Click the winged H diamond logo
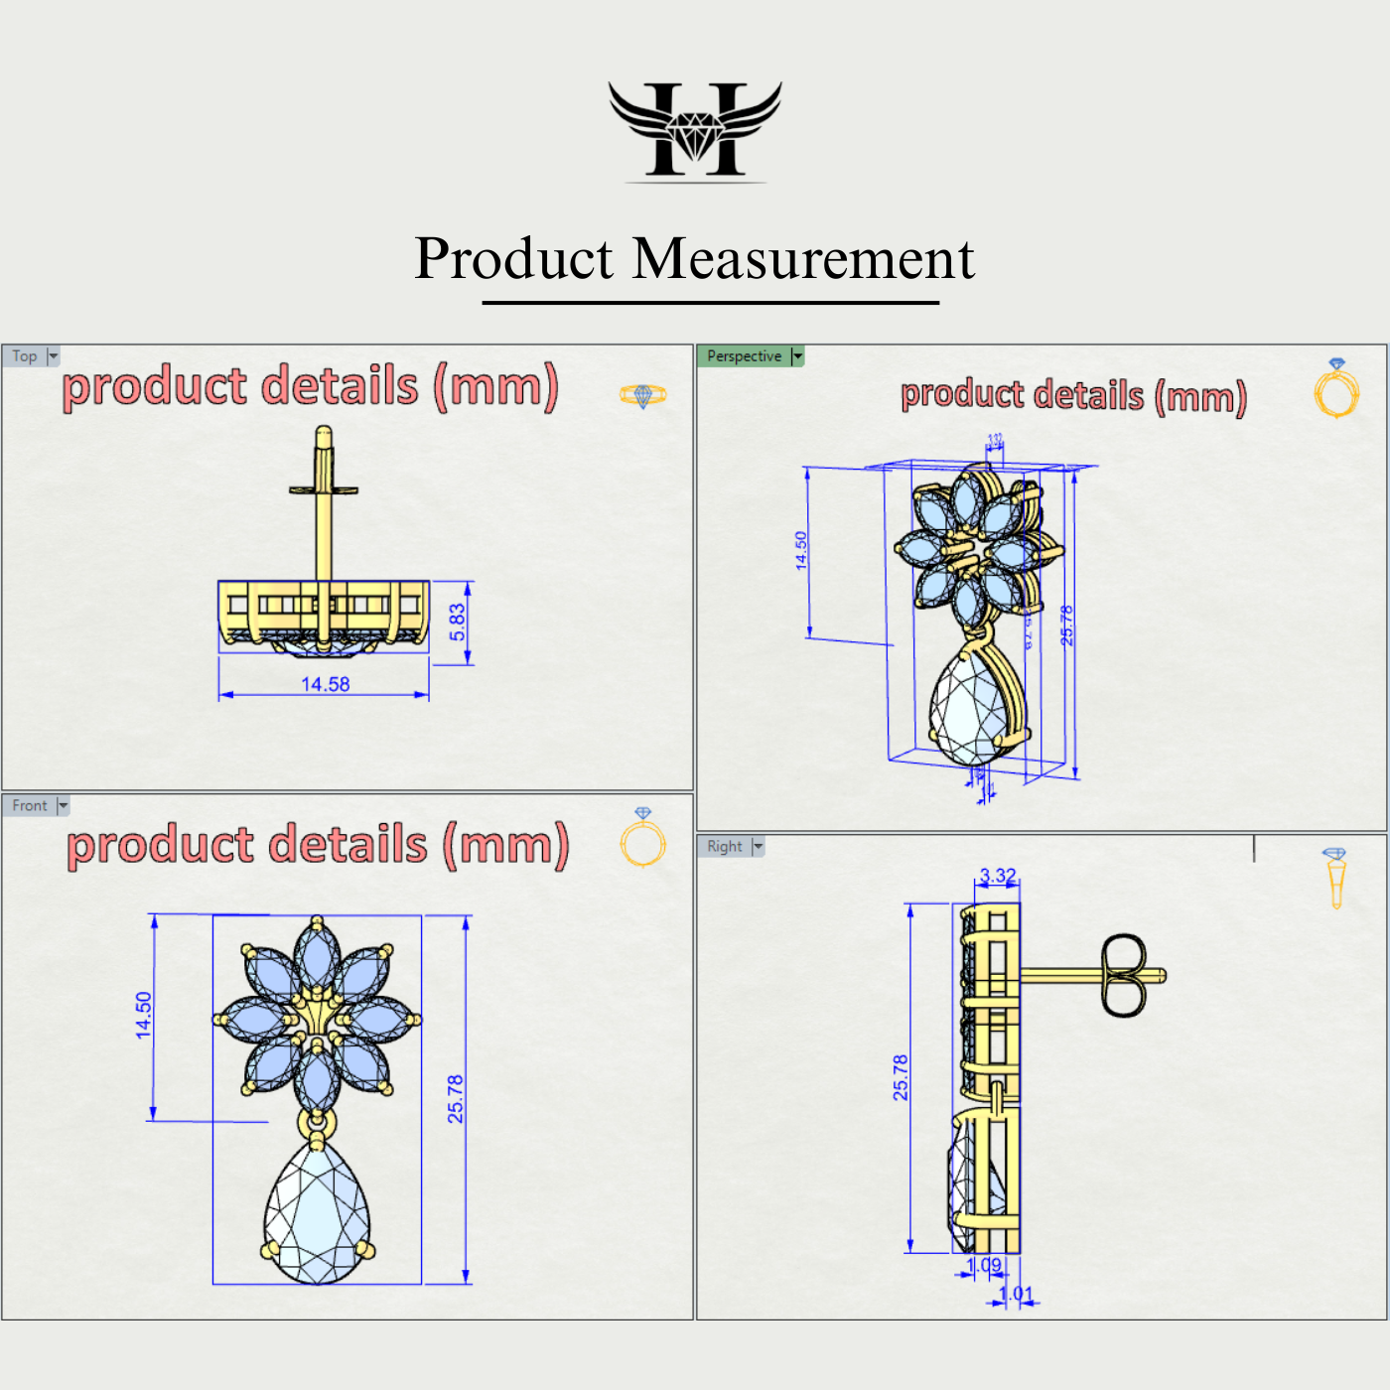695,130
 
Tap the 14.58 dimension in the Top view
326,684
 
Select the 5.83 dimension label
458,622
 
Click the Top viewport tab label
25,356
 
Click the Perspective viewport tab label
744,356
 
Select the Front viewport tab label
30,806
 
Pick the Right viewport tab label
725,847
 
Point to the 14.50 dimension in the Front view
144,1015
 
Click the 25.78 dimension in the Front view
456,1098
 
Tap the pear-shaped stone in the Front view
317,1215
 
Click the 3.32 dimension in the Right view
998,876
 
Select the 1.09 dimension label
984,1266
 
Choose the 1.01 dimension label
1016,1294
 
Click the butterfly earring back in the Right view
1123,975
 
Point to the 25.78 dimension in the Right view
901,1077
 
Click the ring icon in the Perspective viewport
1336,389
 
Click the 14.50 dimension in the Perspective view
801,550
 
